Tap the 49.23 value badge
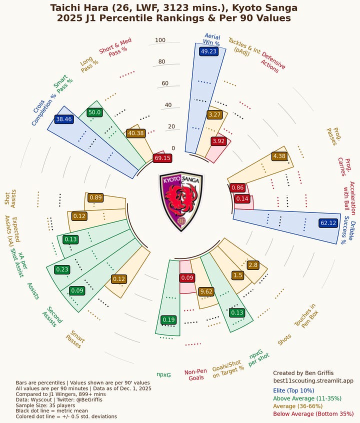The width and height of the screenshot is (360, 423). pos(208,51)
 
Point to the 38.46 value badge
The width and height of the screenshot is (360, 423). pos(64,119)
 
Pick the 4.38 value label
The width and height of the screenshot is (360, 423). pos(279,156)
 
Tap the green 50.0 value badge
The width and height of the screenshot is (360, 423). pos(94,112)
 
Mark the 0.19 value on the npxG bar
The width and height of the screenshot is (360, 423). pos(168,319)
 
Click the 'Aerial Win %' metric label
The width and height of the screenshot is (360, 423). pos(212,39)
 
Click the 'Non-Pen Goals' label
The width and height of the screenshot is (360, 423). pos(196,374)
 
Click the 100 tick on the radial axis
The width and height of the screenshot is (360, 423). pos(160,40)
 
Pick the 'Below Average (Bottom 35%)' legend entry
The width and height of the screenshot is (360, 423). pos(313,414)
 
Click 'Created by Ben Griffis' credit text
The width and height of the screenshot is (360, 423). pos(303,373)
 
